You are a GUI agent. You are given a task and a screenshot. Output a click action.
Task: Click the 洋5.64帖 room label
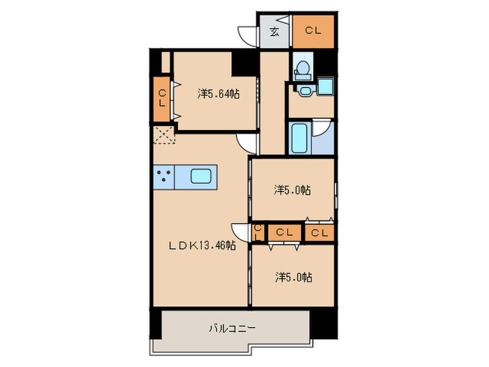point(218,93)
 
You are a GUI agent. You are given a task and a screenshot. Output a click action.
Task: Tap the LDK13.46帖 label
point(200,245)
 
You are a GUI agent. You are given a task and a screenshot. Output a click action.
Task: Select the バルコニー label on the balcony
point(232,327)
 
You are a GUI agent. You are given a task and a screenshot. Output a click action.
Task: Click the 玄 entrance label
point(275,31)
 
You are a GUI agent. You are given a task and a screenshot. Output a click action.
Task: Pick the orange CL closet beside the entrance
point(313,31)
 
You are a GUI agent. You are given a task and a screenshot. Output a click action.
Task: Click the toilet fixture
point(301,68)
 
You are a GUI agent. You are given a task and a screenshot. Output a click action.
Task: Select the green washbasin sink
point(325,87)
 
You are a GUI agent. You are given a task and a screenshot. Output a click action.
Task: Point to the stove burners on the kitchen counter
point(164,176)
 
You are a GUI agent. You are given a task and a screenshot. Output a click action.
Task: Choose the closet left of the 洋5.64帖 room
point(161,98)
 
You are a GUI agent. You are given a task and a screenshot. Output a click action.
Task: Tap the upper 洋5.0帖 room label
point(292,189)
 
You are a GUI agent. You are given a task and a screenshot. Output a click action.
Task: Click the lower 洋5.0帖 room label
point(292,278)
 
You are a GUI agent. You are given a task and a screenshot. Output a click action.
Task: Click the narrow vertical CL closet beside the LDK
point(257,232)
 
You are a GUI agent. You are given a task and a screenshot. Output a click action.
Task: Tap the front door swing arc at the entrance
point(247,36)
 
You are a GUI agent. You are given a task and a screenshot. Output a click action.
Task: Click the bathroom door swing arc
point(322,129)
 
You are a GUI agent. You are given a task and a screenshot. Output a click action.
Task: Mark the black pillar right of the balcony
point(322,322)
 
